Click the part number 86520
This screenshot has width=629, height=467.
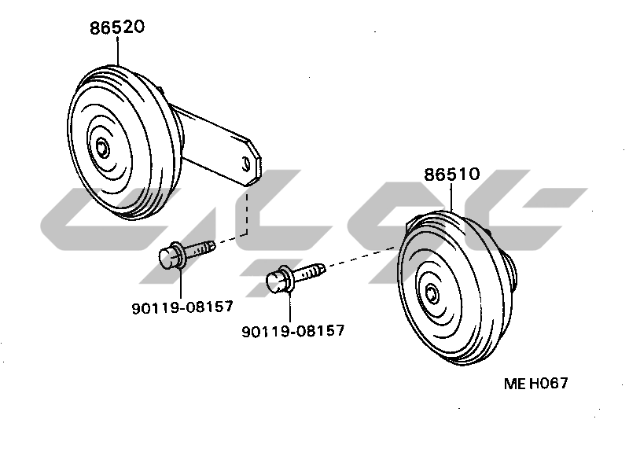(116, 28)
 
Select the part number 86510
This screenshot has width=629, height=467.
(451, 174)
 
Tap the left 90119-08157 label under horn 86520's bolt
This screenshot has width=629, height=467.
(182, 307)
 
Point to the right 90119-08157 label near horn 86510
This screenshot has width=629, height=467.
(292, 331)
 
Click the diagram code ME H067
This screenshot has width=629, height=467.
(536, 383)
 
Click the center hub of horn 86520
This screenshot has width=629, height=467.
(103, 149)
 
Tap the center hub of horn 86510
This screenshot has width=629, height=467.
(432, 294)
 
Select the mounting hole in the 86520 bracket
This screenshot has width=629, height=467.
(246, 164)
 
